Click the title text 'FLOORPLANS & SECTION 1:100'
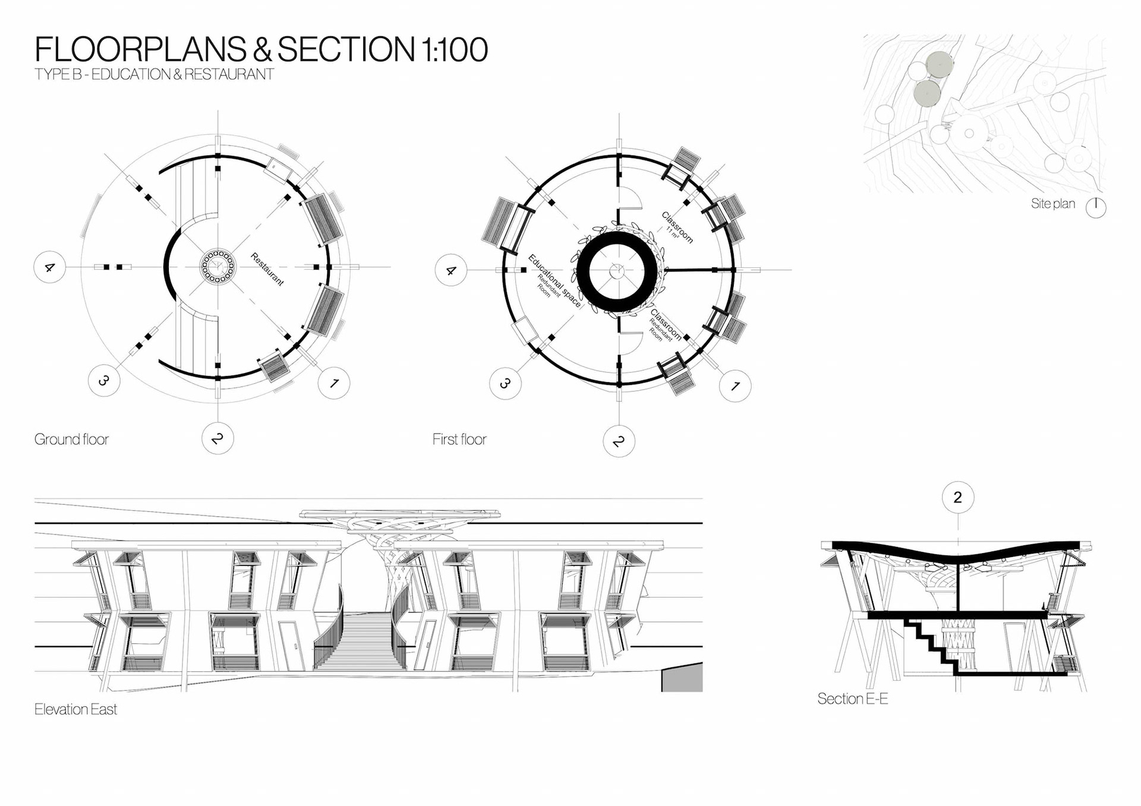(261, 49)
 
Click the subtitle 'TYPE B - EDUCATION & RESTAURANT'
(155, 75)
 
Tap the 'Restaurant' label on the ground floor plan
(267, 269)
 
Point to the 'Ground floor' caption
(71, 440)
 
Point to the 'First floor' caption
(459, 440)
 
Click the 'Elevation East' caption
(75, 709)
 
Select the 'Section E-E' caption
(853, 699)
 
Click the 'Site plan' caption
(1053, 204)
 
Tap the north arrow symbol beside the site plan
(1096, 207)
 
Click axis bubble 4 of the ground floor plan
(49, 267)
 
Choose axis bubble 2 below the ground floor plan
(218, 438)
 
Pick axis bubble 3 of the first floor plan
(505, 383)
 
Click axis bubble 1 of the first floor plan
(735, 386)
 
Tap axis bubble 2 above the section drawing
(958, 497)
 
